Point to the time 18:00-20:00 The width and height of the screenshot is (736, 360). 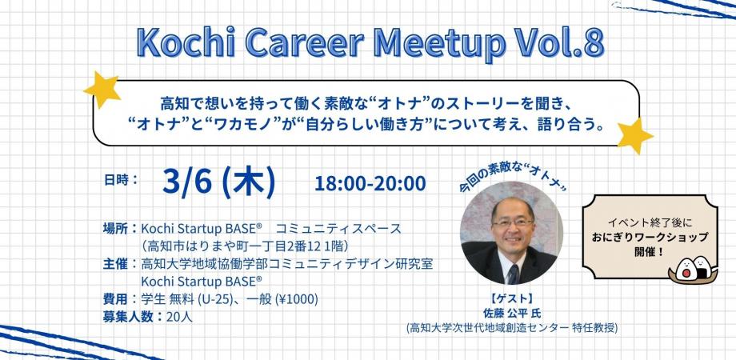[x=370, y=183]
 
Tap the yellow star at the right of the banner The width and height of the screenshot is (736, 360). [x=635, y=135]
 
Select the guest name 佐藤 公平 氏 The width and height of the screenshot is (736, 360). [x=512, y=313]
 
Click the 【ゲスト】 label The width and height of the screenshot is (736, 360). [x=512, y=299]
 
